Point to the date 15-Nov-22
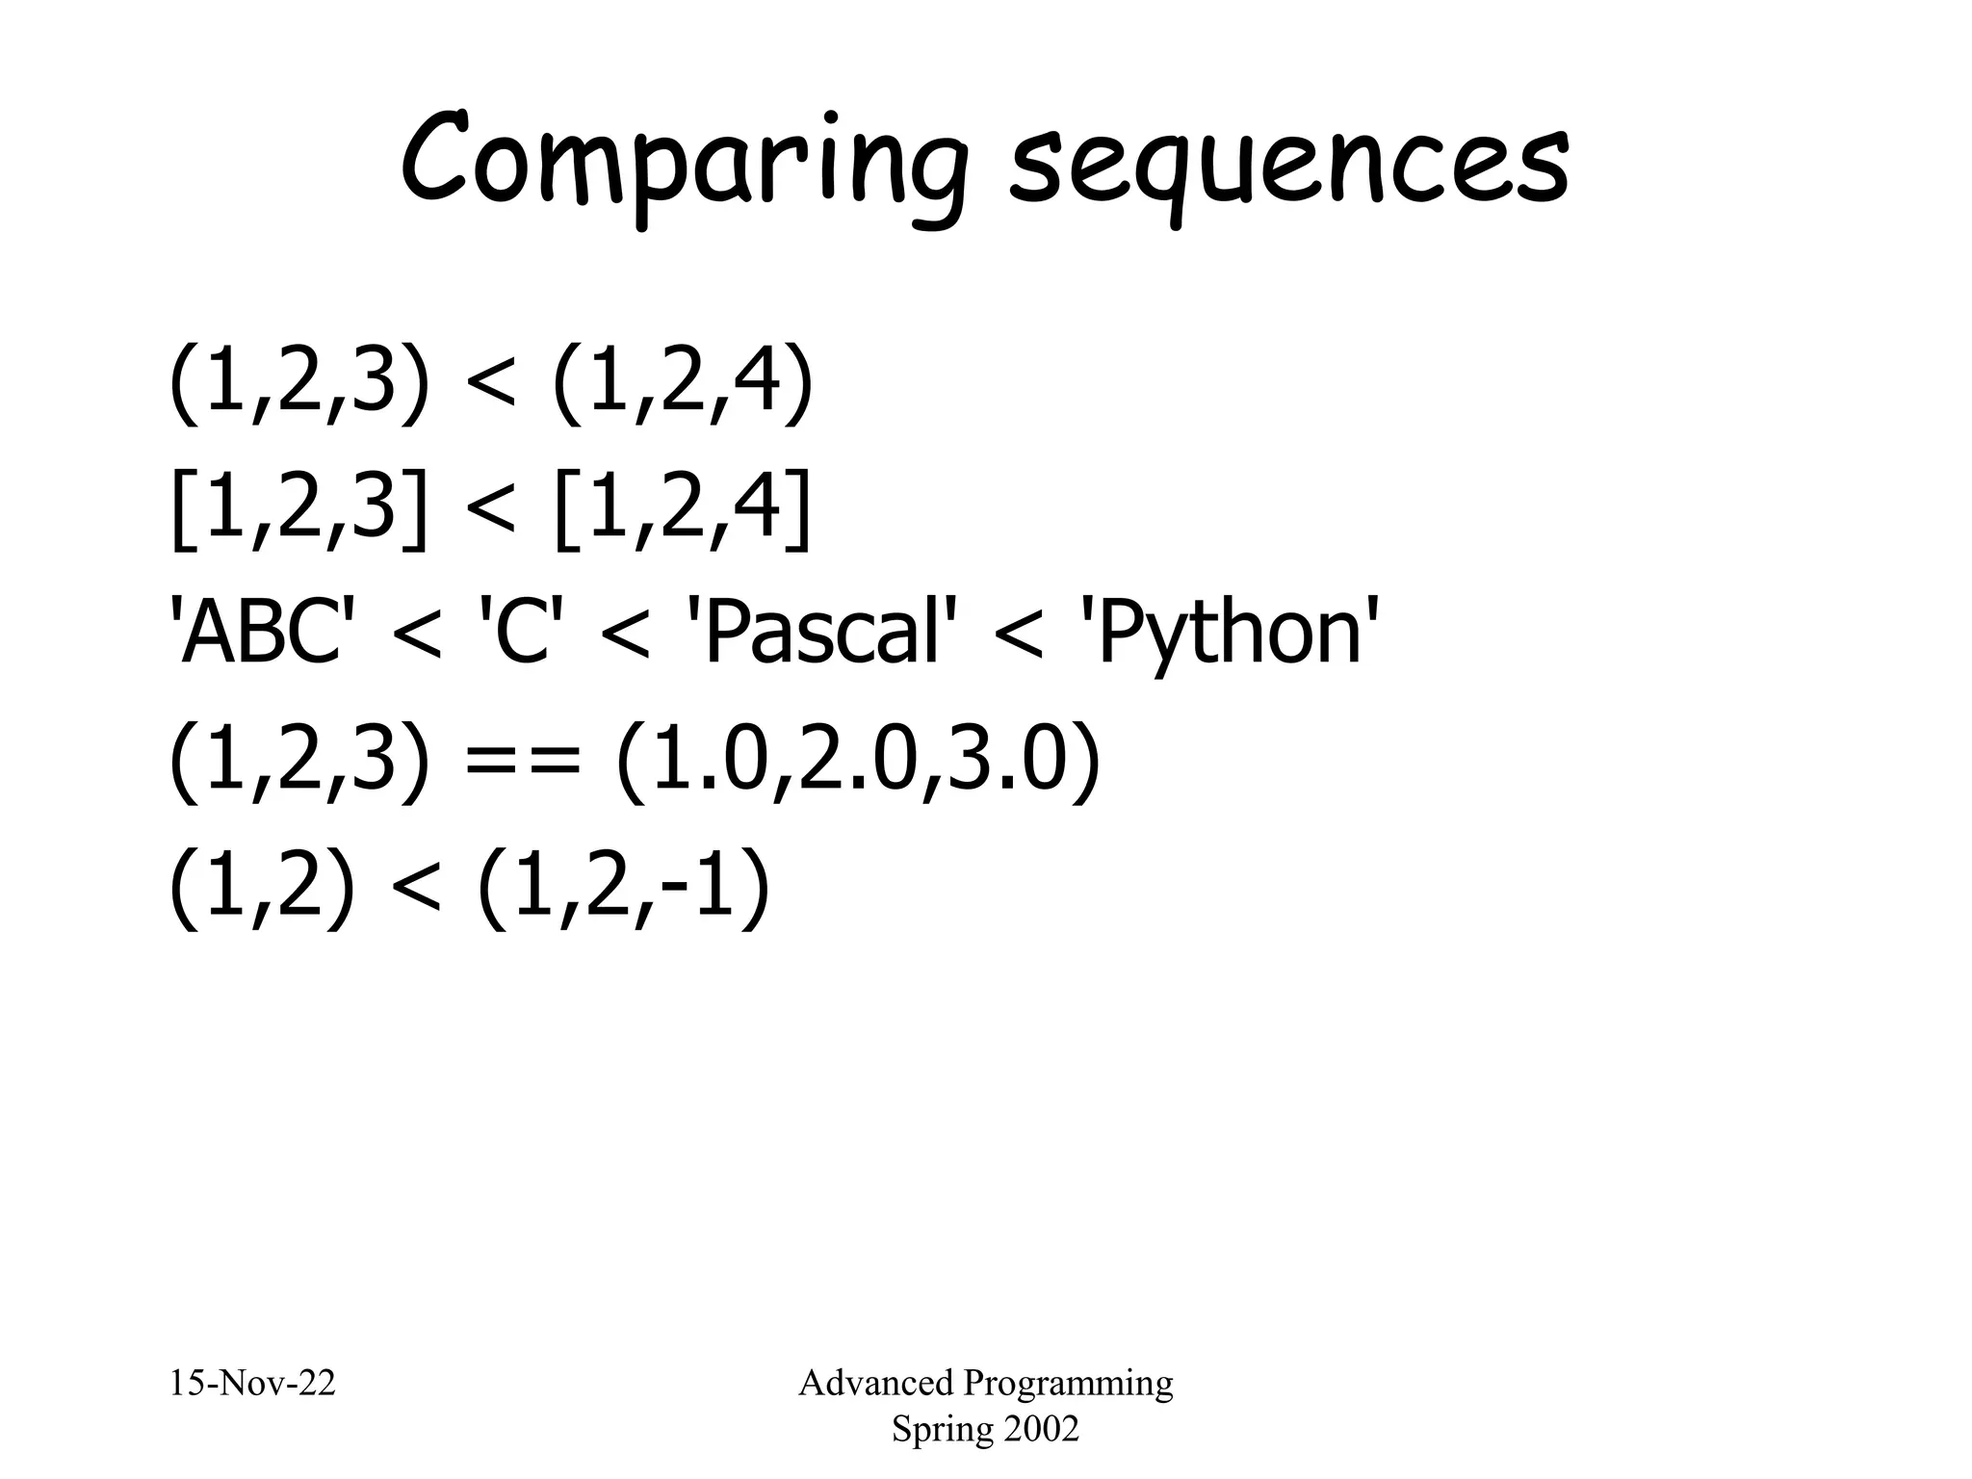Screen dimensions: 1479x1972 coord(252,1383)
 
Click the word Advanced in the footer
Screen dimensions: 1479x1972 coord(875,1383)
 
